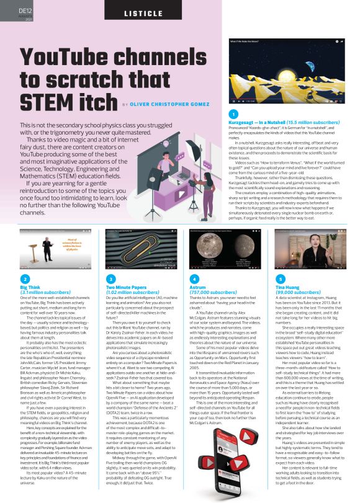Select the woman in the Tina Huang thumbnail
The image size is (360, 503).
(x=312, y=236)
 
